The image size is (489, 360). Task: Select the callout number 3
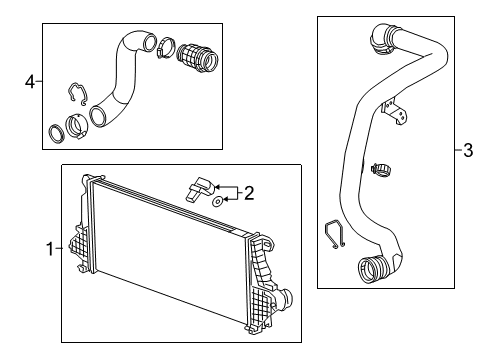[466, 151]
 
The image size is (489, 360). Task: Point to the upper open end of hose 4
[148, 43]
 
